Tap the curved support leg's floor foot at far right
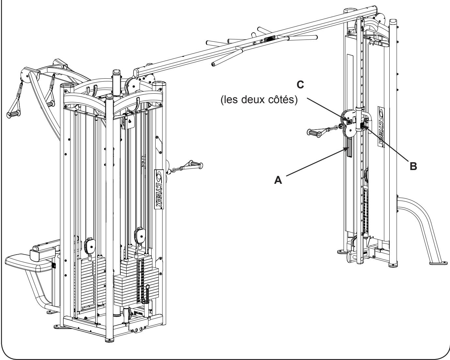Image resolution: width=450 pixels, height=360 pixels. [436, 261]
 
